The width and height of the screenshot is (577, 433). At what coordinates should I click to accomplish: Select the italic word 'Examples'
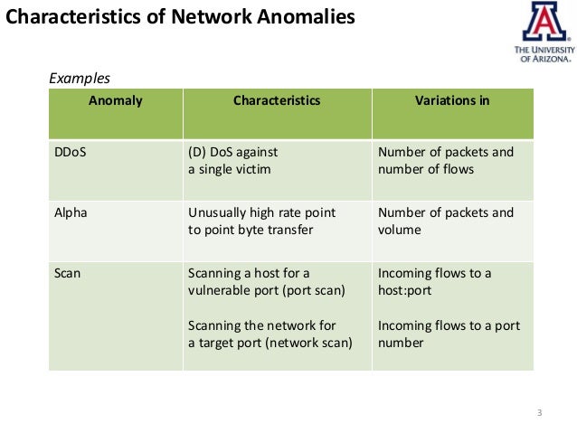pos(79,79)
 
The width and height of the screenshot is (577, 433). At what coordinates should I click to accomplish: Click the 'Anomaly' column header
pos(115,101)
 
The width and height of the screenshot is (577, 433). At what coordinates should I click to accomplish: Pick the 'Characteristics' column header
pos(276,101)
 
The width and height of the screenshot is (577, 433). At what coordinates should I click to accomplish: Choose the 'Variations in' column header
pos(451,101)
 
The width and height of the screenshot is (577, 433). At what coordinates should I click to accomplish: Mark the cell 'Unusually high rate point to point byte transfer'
pos(261,221)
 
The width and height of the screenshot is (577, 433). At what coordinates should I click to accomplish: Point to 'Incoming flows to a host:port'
pos(435,281)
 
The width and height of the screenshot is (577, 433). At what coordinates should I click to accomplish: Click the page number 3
pos(538,414)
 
